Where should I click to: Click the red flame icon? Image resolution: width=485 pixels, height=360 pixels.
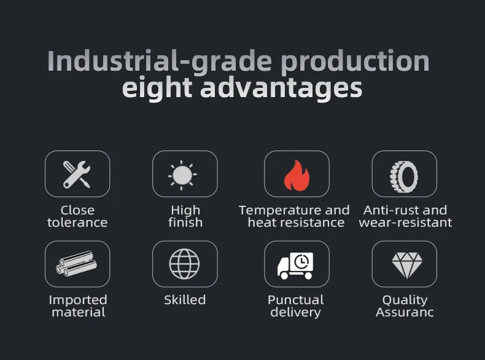297,175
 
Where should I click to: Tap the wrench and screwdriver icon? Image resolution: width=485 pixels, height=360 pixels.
77,174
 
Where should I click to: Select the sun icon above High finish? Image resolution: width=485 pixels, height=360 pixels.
182,175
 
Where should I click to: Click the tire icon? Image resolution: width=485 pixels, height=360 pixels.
404,177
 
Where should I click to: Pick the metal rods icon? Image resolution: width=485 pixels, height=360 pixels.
76,264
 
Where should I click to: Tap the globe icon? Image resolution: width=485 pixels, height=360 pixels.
184,264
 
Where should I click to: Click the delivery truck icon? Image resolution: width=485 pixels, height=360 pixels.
295,266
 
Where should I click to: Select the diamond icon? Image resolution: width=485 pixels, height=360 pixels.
407,265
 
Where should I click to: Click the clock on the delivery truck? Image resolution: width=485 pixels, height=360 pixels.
301,262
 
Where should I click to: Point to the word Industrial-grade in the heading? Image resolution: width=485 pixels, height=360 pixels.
160,61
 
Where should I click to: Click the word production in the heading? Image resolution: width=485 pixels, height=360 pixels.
355,62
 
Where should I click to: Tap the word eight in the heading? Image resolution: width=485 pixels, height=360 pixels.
157,88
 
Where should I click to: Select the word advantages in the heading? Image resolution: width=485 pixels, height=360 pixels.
281,88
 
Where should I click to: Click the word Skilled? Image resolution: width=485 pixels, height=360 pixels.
185,300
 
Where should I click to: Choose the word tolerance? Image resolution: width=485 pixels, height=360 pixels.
77,222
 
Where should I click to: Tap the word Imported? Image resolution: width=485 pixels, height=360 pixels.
78,300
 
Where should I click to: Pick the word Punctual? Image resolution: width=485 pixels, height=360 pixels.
296,300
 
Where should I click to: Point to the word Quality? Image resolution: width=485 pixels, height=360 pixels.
405,300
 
